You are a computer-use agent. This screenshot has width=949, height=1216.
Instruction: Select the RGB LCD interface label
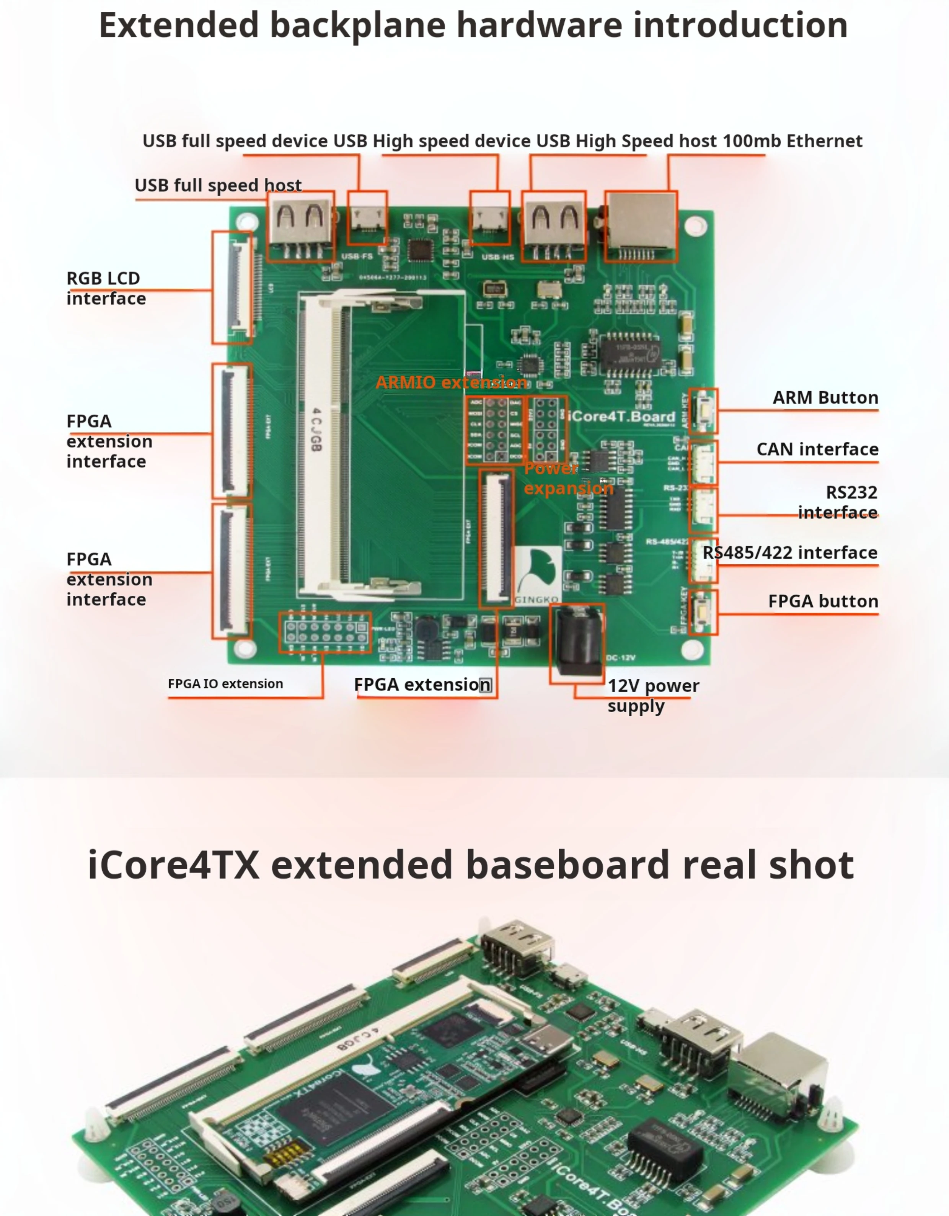pyautogui.click(x=106, y=288)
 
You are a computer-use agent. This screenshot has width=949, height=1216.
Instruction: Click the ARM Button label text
pyautogui.click(x=825, y=397)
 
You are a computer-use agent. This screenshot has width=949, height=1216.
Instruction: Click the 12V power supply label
pyautogui.click(x=652, y=695)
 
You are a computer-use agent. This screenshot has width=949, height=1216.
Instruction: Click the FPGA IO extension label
pyautogui.click(x=225, y=684)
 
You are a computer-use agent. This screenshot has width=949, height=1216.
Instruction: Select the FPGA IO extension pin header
pyautogui.click(x=325, y=633)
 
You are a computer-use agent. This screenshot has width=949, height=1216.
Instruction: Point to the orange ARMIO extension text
pyautogui.click(x=451, y=382)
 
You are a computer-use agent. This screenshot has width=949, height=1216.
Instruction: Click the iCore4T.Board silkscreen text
pyautogui.click(x=622, y=417)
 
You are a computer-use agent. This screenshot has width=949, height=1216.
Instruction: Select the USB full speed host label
pyautogui.click(x=218, y=185)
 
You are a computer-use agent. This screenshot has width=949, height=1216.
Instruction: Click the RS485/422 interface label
pyautogui.click(x=789, y=552)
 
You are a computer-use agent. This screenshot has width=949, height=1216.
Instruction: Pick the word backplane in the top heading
pyautogui.click(x=357, y=26)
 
